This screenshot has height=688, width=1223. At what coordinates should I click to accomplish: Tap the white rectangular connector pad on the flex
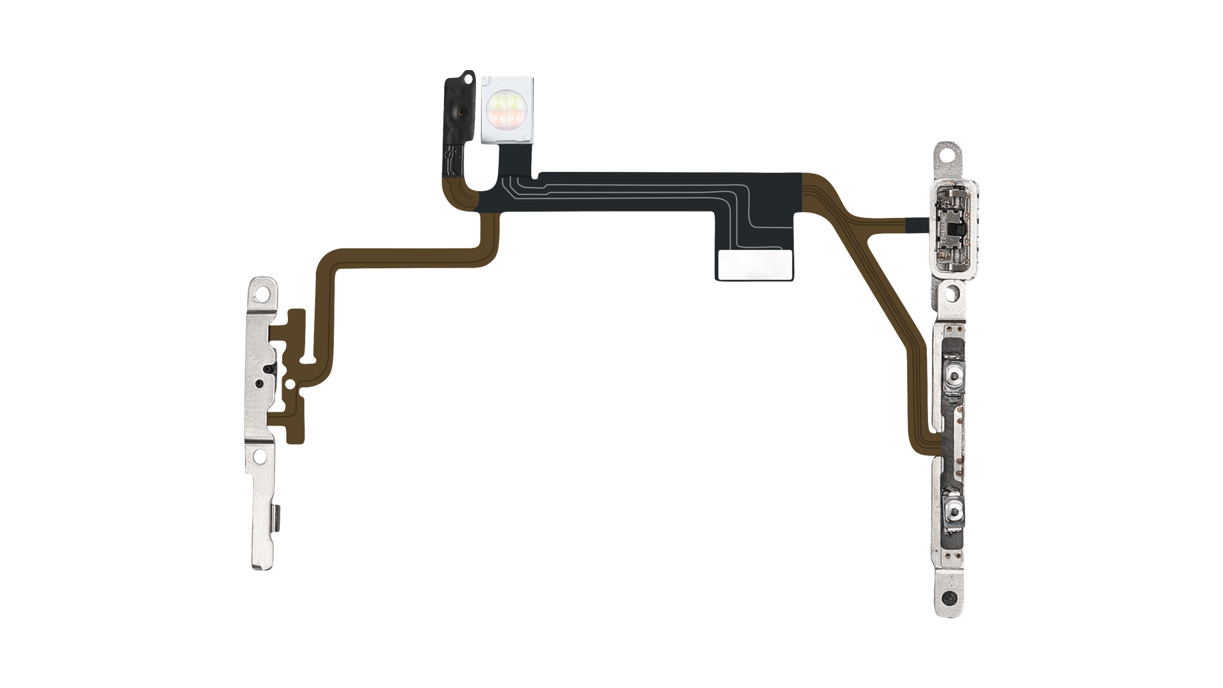point(755,265)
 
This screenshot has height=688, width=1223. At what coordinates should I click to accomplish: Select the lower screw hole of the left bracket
point(260,456)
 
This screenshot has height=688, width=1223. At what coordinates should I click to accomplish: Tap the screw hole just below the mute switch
point(951,294)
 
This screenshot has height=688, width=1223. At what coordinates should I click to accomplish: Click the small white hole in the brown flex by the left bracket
point(290,384)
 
